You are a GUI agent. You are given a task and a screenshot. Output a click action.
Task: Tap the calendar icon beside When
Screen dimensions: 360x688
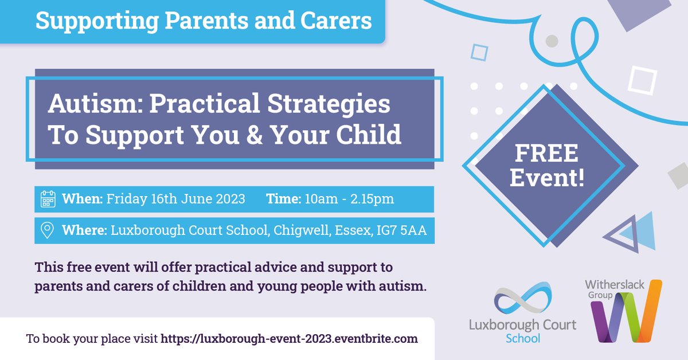[x=48, y=199]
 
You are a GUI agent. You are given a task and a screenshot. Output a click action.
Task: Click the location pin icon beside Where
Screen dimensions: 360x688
[x=48, y=230]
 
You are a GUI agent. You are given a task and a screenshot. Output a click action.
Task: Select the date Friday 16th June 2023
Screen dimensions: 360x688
[x=175, y=199]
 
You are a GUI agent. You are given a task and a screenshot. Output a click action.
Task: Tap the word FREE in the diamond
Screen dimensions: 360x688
[x=546, y=154]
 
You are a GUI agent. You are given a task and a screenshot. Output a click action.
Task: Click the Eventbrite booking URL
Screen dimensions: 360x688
[x=289, y=338]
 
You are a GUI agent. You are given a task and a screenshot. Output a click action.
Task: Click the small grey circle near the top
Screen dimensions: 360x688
[x=552, y=41]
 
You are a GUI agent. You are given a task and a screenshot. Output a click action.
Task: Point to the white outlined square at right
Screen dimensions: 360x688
[x=642, y=80]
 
